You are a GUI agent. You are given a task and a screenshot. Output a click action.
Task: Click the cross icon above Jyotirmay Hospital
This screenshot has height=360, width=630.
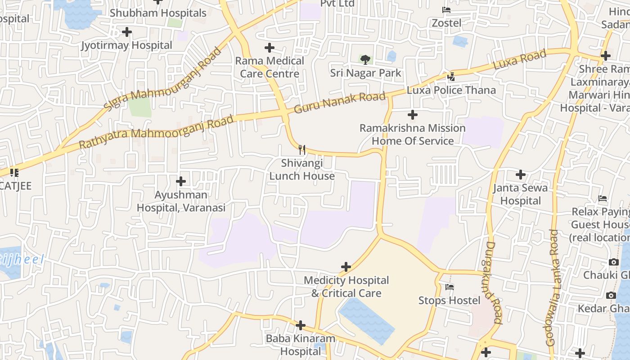tap(127, 32)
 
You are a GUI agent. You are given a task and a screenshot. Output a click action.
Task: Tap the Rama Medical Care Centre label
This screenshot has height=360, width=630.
tap(270, 67)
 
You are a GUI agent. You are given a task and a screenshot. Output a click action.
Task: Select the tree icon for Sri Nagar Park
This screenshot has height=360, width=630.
tap(365, 59)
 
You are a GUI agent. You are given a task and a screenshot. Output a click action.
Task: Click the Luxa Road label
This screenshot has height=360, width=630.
tap(520, 59)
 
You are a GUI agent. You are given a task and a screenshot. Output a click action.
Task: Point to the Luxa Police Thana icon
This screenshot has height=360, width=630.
tap(451, 77)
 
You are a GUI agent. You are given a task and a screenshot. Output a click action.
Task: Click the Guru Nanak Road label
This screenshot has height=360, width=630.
tap(340, 103)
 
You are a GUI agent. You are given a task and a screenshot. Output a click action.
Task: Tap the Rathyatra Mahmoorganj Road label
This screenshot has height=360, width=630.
tap(156, 132)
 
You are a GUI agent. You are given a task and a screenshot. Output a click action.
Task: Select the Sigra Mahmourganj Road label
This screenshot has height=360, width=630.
tap(163, 79)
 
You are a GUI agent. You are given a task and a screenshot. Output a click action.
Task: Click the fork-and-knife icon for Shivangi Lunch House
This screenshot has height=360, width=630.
tap(302, 149)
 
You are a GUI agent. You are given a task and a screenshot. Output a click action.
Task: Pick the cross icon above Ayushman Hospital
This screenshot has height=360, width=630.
tap(181, 181)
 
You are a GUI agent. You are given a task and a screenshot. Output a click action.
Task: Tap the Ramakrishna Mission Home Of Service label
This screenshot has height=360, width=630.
tap(412, 135)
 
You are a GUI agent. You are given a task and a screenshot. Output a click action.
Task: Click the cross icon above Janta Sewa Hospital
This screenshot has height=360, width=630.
tap(521, 175)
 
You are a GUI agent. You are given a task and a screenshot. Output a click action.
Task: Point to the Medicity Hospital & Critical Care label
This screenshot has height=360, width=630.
tap(346, 287)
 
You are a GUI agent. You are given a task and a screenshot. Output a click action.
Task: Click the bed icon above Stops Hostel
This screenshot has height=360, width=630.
tap(449, 287)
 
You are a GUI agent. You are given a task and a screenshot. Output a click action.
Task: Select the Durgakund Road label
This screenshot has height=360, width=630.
tap(494, 283)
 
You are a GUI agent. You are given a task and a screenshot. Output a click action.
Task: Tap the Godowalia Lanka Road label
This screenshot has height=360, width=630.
tap(553, 288)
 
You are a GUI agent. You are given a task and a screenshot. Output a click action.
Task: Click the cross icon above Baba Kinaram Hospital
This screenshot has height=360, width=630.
tap(301, 325)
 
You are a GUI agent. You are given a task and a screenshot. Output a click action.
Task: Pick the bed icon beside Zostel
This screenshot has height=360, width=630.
tap(446, 10)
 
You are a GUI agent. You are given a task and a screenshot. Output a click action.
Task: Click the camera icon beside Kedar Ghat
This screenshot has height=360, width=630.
tap(611, 295)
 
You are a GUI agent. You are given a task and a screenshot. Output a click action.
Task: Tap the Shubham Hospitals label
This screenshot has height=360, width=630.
tap(158, 13)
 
